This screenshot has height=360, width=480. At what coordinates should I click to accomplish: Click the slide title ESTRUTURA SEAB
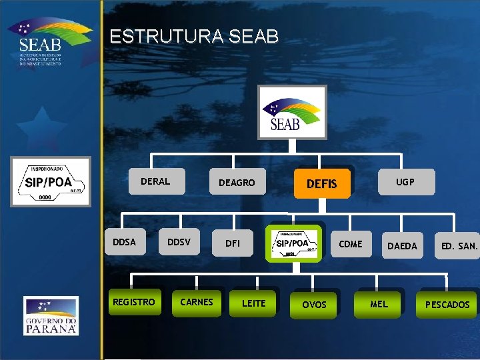[194, 37]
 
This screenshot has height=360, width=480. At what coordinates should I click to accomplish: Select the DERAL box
[155, 181]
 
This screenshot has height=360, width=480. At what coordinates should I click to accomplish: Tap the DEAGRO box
[237, 183]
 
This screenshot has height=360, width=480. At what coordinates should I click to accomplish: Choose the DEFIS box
[321, 183]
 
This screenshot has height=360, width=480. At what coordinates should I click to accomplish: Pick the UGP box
[405, 181]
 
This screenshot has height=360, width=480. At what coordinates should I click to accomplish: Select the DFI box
[233, 244]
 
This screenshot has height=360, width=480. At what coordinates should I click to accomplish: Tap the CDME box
[351, 244]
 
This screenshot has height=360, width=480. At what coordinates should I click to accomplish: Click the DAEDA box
[402, 246]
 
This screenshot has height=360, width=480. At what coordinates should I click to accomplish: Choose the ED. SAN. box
[459, 246]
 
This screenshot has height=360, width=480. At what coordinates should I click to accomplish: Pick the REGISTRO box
[134, 302]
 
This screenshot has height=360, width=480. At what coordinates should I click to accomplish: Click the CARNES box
[197, 302]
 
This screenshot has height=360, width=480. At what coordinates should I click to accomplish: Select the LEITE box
[253, 303]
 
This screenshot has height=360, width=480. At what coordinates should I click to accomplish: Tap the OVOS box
[315, 305]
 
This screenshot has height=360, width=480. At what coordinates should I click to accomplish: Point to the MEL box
[379, 305]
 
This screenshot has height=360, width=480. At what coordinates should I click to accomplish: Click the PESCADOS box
[447, 305]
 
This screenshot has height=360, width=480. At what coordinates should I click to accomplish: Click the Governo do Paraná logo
[51, 315]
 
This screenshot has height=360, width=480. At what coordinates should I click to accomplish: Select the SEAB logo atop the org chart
[293, 112]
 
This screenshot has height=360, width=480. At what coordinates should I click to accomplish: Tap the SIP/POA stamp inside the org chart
[293, 243]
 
